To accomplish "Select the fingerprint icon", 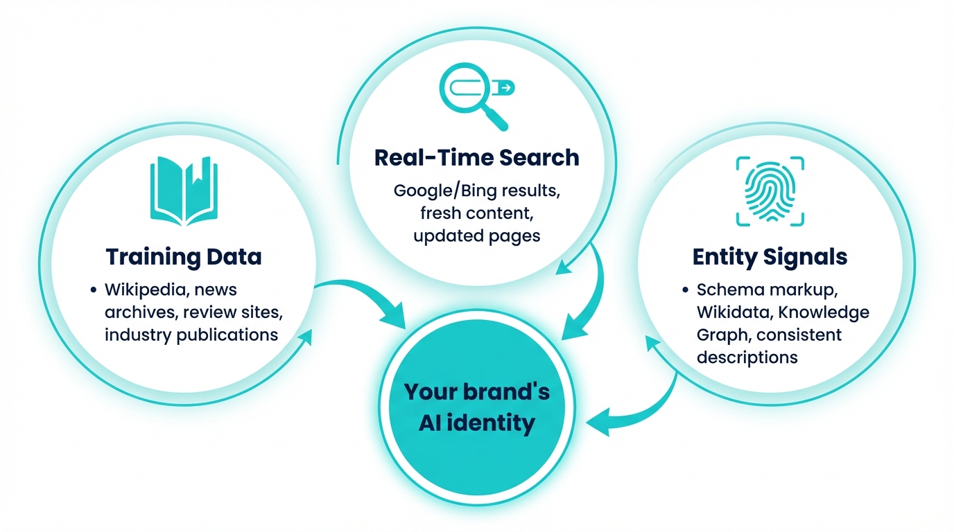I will [770, 191].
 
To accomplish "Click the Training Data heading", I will [184, 257].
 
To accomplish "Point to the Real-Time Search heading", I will [476, 157].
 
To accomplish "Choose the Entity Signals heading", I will [770, 257].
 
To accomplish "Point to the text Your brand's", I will [476, 392].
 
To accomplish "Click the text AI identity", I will [476, 422].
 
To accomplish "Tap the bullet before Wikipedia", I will [93, 290].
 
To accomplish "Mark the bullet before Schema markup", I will [685, 290].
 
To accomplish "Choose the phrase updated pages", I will [476, 236].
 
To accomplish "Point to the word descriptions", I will [747, 357].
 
